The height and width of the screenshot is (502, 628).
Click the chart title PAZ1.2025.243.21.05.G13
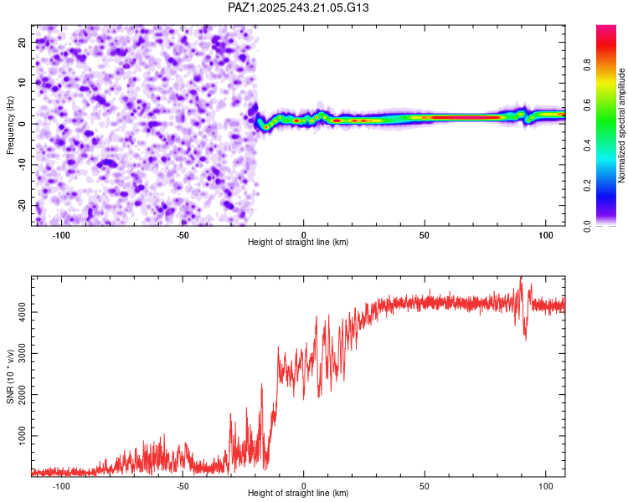(299, 8)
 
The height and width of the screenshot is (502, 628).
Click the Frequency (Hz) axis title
(11, 125)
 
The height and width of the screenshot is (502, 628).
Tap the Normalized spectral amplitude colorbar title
(621, 125)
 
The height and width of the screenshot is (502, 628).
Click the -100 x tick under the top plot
(61, 235)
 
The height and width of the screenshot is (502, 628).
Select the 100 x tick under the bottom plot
(546, 486)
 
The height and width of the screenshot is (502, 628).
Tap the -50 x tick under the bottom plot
(183, 486)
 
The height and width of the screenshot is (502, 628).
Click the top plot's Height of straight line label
(298, 243)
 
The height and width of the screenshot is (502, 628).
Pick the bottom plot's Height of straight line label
(298, 494)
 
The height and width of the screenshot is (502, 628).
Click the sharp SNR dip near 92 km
(526, 337)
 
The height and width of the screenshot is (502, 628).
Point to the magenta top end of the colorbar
(606, 28)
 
